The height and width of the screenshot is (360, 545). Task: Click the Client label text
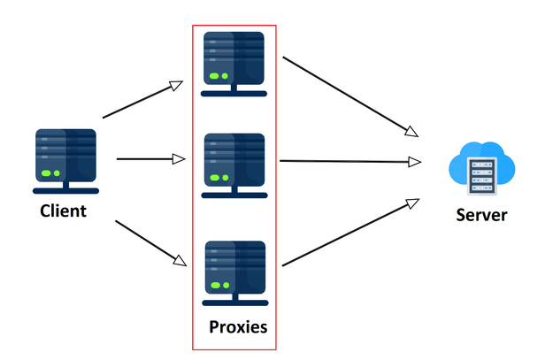pos(64,211)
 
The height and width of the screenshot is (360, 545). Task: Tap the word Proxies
pos(238,327)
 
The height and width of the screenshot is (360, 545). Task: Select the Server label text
pos(481,215)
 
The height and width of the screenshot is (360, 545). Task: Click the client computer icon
pos(65,160)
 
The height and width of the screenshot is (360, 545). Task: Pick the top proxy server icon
pos(234,62)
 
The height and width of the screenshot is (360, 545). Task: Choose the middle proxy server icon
pos(234,165)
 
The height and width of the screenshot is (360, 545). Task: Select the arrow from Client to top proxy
pos(142,100)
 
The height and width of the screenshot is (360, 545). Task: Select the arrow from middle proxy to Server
pos(349,162)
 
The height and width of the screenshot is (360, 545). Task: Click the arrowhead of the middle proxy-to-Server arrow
pos(415,162)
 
